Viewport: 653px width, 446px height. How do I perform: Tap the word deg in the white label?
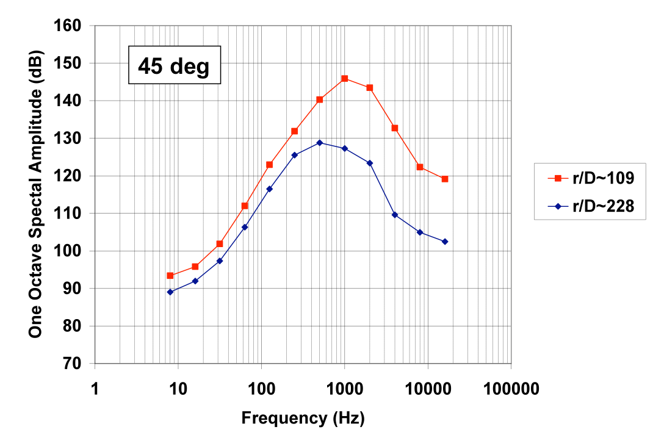tap(190, 66)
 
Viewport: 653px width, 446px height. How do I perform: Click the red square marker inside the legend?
tap(558, 178)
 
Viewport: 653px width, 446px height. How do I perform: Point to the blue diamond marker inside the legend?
tap(558, 206)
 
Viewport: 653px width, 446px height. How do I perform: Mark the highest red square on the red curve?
tap(345, 79)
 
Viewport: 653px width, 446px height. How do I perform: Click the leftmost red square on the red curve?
tap(170, 276)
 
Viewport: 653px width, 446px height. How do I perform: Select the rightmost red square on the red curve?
tap(445, 179)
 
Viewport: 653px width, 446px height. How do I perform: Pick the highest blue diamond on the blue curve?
tap(320, 143)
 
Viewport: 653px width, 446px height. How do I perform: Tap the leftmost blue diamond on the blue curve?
tap(170, 292)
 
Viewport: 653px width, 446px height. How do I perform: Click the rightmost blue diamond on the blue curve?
tap(445, 242)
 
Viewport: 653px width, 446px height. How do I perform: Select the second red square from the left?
tap(195, 267)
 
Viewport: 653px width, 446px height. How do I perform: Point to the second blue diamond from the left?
tap(195, 281)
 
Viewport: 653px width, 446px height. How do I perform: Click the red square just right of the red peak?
tap(370, 88)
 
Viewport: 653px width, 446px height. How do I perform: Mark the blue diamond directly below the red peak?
tap(345, 148)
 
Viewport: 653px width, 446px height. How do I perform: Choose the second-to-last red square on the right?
tap(420, 167)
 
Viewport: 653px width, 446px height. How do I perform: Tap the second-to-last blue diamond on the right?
tap(420, 232)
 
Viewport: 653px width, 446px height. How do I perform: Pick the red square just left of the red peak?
tap(320, 99)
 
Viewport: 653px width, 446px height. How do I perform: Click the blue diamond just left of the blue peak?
tap(295, 155)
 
